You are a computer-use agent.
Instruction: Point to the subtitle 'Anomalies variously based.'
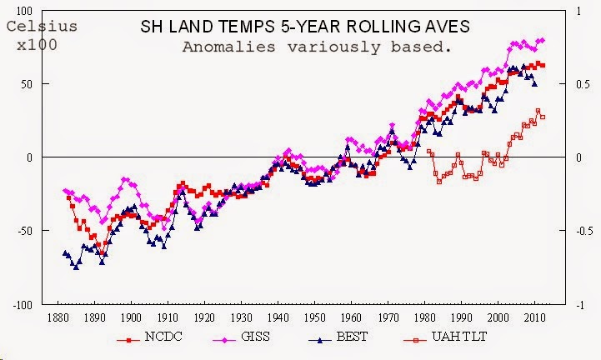point(317,47)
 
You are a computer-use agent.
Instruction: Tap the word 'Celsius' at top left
point(42,27)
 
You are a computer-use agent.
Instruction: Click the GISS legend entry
point(242,341)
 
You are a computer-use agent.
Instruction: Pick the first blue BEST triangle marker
point(65,252)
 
